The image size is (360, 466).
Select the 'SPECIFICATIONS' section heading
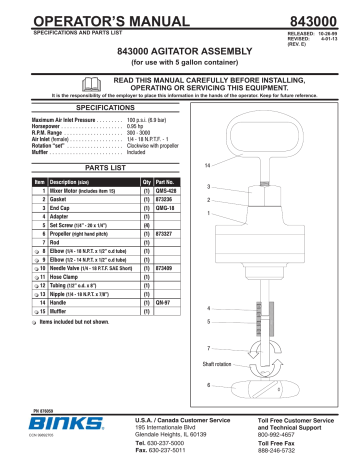(x=91, y=132)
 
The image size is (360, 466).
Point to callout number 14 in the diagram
(x=207, y=165)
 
